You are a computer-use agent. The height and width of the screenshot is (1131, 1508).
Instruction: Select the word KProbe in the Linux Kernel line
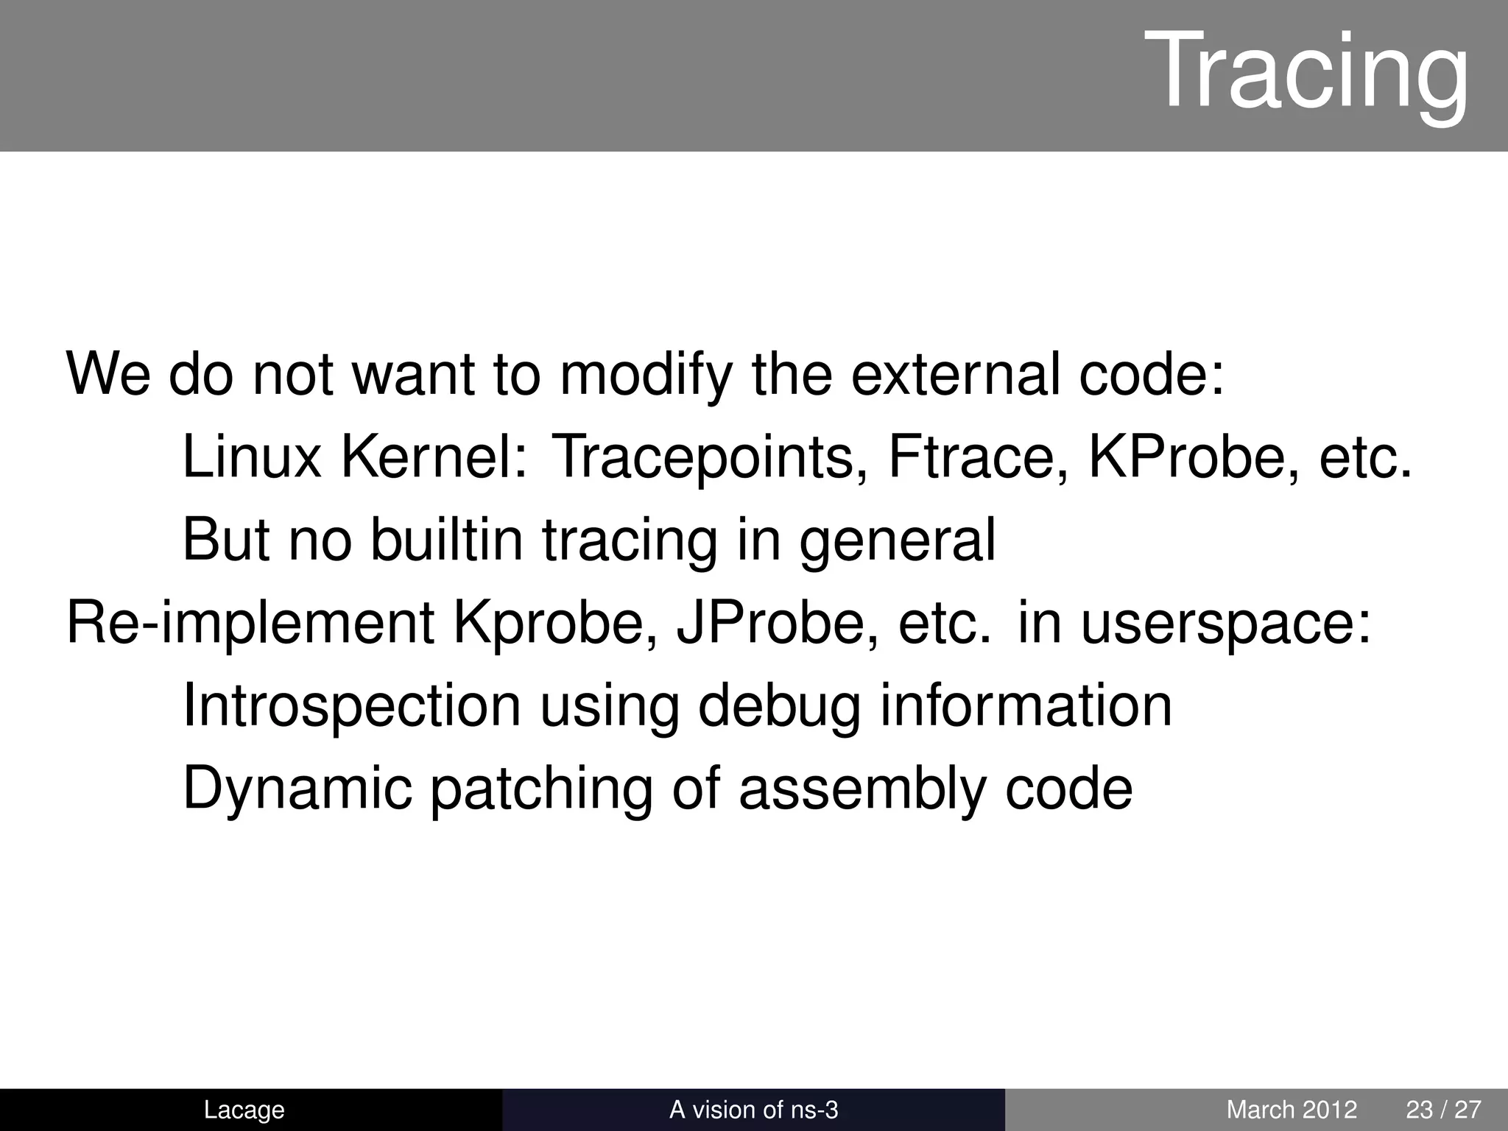click(x=1193, y=457)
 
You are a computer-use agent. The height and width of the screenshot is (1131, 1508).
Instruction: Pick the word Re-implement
click(x=250, y=623)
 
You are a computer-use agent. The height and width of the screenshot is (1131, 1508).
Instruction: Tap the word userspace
click(x=1225, y=623)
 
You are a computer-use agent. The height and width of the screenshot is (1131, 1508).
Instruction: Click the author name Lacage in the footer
click(x=244, y=1110)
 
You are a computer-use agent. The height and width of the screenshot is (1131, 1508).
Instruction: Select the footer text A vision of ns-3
click(x=753, y=1110)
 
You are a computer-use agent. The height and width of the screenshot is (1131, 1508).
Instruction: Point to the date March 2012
click(x=1292, y=1110)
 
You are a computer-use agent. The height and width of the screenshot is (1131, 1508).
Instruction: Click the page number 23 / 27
click(x=1443, y=1110)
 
